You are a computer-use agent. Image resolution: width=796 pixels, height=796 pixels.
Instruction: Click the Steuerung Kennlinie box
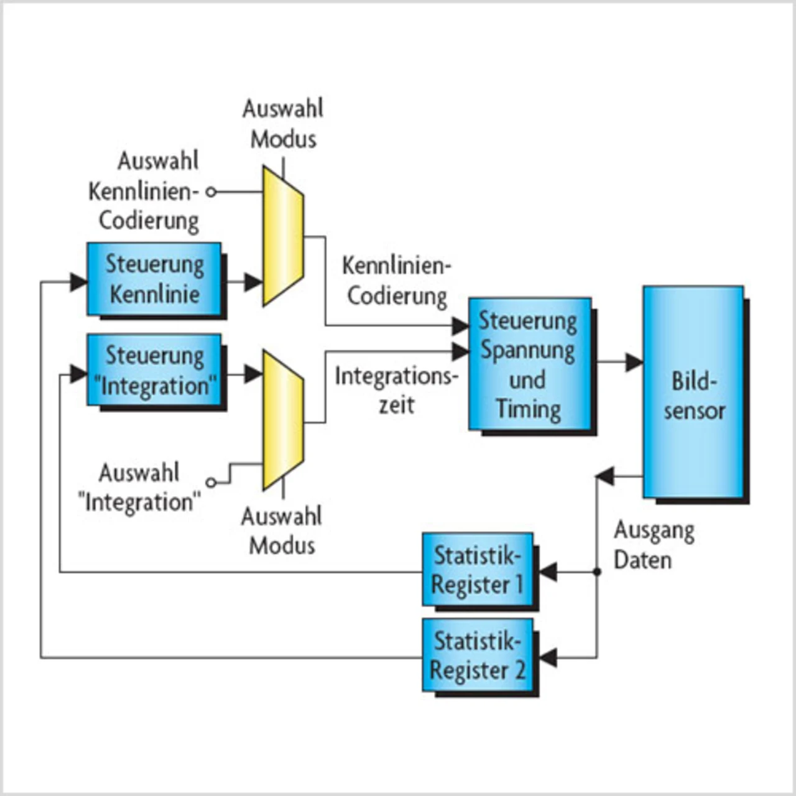154,279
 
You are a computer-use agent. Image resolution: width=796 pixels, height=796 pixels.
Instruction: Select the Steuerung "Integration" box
154,371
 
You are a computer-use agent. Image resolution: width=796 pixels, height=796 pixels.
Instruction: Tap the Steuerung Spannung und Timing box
529,364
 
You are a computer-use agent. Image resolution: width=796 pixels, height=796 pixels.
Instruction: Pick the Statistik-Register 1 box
478,570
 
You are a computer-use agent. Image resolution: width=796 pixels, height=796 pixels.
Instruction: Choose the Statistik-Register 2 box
478,655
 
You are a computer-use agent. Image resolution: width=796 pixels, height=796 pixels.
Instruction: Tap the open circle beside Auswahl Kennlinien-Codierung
211,192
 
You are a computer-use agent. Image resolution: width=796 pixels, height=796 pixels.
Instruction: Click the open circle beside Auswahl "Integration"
211,482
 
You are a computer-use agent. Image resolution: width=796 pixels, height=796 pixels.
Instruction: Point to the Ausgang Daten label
653,545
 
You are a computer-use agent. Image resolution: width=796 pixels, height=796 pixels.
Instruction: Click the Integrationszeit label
396,391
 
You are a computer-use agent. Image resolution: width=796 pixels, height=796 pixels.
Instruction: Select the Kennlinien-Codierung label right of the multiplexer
396,281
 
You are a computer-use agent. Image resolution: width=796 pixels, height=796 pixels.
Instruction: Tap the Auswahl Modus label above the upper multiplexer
283,124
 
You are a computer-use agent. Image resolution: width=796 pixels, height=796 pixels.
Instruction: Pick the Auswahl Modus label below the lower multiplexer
282,530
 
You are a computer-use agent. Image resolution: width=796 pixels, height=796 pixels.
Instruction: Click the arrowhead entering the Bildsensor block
634,362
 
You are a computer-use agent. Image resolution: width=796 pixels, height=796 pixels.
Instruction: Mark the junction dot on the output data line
597,572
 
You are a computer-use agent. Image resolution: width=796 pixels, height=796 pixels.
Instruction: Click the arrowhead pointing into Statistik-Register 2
548,657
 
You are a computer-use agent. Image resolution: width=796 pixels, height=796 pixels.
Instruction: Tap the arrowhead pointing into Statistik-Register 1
548,572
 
